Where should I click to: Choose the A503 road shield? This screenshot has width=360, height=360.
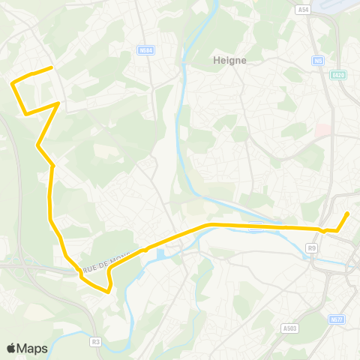[x=291, y=307]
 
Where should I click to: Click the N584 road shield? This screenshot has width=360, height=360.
[x=145, y=51]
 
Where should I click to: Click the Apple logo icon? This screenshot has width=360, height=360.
[x=11, y=348]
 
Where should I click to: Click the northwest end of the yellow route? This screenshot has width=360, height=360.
[x=51, y=68]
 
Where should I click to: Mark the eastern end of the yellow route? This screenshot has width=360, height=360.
[x=349, y=214]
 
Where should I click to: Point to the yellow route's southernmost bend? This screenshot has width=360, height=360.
[x=109, y=292]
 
